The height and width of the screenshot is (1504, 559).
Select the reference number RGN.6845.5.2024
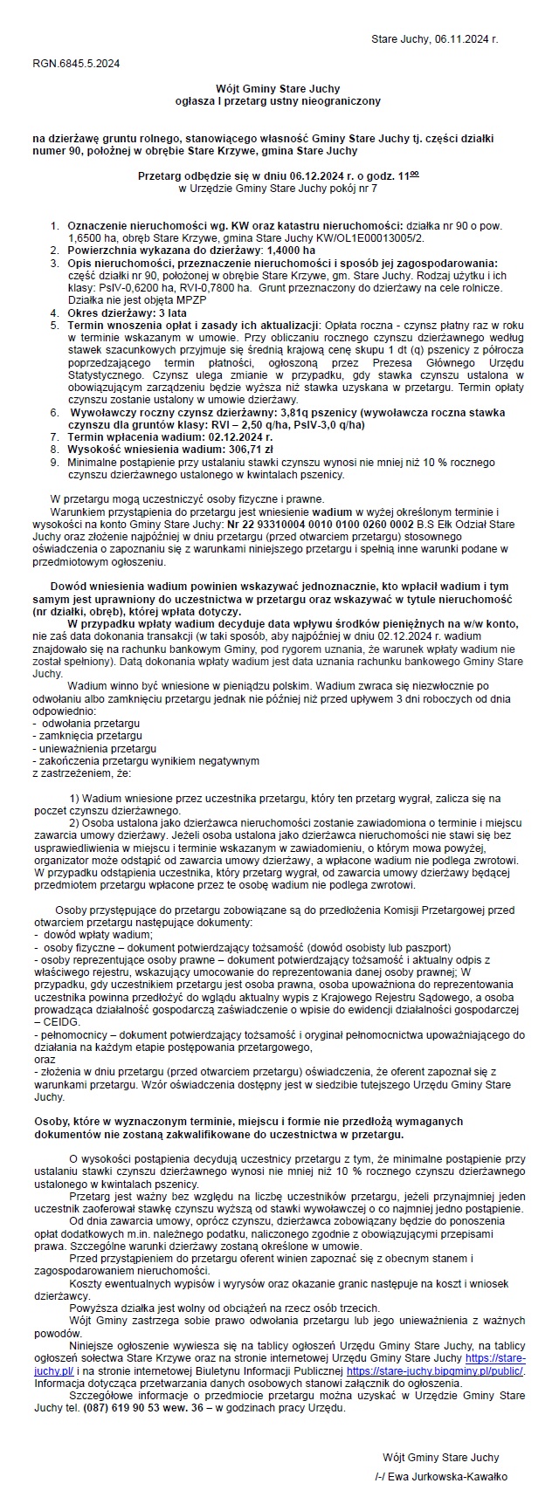pos(76,64)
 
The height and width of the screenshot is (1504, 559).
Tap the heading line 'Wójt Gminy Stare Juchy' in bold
pos(278,89)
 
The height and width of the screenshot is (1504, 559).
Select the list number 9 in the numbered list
pos(54,462)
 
